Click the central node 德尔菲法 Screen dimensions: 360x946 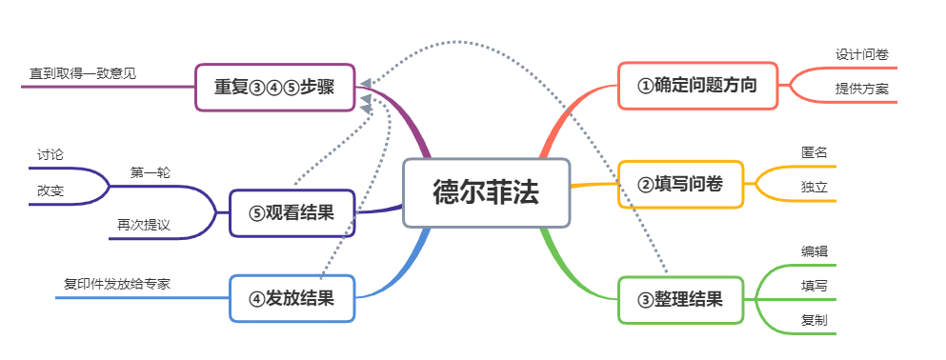[486, 192]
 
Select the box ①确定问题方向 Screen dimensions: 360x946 [697, 86]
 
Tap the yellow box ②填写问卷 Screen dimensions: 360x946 [683, 185]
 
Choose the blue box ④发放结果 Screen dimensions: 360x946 [292, 298]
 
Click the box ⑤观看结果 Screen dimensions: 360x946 [292, 212]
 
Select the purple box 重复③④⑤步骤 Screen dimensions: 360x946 [274, 87]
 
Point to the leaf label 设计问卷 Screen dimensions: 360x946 [862, 54]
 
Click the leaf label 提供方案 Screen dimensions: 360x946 [862, 89]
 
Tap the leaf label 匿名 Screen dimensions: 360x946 [815, 152]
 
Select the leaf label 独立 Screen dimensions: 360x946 [815, 188]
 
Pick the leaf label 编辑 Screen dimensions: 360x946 [815, 251]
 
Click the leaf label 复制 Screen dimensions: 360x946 [815, 320]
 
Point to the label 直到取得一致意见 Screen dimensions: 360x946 [83, 72]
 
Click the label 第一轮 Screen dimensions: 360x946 [151, 172]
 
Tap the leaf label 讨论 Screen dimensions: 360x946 [50, 153]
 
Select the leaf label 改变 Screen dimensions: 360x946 [50, 190]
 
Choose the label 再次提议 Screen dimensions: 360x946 [144, 224]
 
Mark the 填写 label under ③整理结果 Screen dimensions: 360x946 [815, 286]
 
